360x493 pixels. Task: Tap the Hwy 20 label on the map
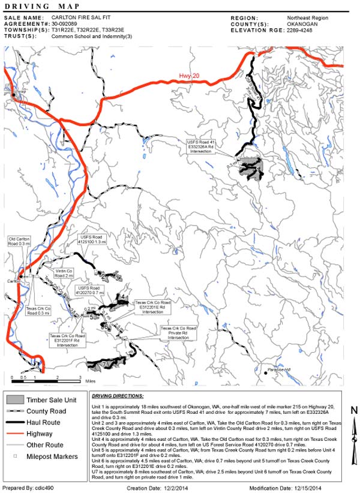188,76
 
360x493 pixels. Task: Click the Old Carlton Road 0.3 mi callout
20,242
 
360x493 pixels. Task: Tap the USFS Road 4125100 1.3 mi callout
93,239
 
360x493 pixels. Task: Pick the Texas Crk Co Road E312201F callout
65,337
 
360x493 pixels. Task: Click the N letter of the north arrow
354,410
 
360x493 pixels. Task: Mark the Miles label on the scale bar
91,381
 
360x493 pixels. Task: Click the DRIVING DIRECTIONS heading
118,396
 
